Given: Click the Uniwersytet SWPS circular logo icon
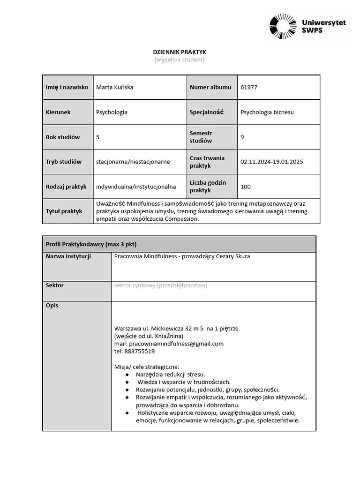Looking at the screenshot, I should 283,27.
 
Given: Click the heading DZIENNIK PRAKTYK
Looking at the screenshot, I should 180,52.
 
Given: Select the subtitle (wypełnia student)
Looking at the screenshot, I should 180,60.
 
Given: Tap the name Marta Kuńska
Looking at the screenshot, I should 114,87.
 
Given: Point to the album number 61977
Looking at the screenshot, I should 248,87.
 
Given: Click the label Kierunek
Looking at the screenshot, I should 58,112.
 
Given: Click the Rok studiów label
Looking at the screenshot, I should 63,137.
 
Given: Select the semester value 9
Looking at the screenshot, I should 242,137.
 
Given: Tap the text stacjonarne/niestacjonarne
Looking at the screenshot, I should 133,162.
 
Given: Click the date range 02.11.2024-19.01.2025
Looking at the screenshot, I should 271,162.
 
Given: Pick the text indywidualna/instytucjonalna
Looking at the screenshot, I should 136,187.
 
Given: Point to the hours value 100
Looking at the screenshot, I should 245,187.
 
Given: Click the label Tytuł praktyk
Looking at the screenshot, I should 64,211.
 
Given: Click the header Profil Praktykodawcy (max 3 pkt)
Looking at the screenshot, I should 91,244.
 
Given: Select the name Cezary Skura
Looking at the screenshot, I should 233,256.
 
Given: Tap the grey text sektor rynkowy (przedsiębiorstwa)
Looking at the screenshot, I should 160,285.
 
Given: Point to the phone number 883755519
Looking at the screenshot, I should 134,351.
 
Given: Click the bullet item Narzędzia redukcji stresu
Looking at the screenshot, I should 170,375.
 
